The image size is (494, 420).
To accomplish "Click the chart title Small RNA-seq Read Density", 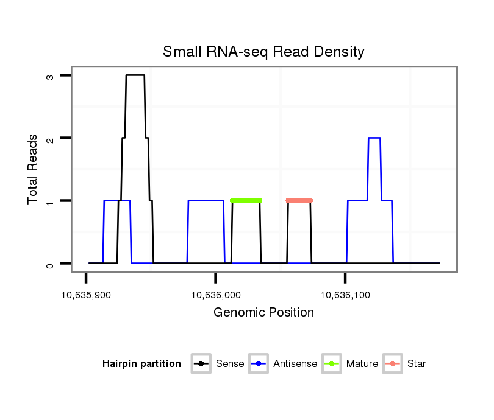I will (263, 52).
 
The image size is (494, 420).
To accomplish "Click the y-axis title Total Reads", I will (33, 169).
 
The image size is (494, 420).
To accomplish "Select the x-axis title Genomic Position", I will (263, 313).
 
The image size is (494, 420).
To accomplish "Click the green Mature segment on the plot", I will (246, 200).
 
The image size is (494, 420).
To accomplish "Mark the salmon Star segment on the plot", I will (299, 200).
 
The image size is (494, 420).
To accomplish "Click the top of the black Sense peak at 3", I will (135, 75).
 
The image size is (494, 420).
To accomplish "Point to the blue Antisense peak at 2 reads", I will (374, 138).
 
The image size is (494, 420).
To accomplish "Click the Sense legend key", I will (201, 364).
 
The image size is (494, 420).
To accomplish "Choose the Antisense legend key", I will (259, 364).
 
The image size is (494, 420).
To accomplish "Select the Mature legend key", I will (332, 364).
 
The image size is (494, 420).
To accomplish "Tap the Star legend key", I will (393, 364).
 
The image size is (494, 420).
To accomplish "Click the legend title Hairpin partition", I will (141, 364).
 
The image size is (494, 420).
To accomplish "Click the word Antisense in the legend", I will (295, 364).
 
